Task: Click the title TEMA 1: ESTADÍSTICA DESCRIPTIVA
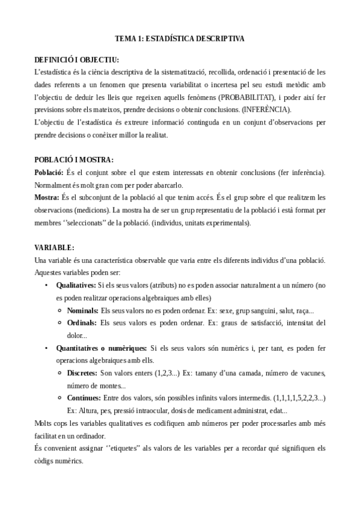coord(180,38)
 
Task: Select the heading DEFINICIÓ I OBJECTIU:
coord(77,61)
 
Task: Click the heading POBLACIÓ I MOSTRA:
coord(74,160)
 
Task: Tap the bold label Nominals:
coord(83,310)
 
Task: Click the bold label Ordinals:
coord(82,323)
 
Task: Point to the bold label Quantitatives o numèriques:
coord(102,348)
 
